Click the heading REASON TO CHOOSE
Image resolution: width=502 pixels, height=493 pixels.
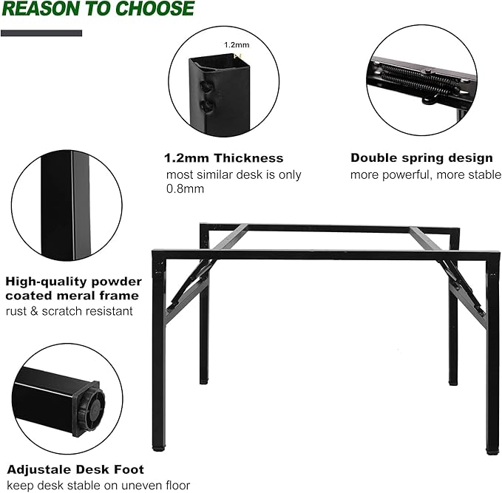pos(98,10)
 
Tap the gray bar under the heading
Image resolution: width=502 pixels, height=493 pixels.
pos(41,33)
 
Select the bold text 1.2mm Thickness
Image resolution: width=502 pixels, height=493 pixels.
pos(223,158)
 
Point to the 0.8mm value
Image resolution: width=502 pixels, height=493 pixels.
pos(185,189)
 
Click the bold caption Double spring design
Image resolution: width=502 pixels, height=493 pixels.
pos(421,158)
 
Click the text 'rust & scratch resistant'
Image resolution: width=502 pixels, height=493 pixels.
pos(69,311)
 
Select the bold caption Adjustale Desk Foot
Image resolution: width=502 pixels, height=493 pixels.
pos(75,469)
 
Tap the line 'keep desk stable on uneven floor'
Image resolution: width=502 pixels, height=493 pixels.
pos(98,486)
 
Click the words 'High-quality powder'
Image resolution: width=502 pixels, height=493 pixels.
pos(73,282)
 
